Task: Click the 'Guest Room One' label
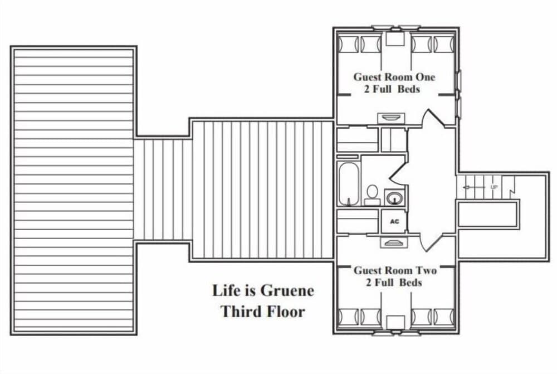coord(394,77)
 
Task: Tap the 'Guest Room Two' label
coord(395,270)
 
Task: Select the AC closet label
coord(394,221)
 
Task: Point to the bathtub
coord(349,183)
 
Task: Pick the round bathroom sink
coord(395,197)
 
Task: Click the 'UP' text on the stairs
coord(494,187)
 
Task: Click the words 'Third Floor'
coord(263,311)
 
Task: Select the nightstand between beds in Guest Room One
coord(395,39)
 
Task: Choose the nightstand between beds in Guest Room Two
coord(395,322)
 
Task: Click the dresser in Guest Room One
coord(392,118)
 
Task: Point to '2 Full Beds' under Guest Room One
coord(392,89)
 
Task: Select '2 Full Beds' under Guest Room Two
coord(394,283)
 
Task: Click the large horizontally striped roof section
coord(74,190)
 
